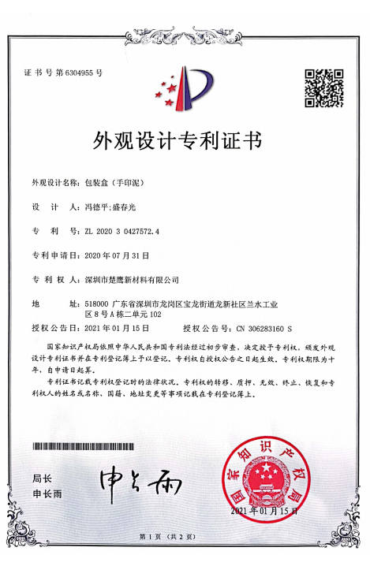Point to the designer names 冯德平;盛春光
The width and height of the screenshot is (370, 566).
point(108,207)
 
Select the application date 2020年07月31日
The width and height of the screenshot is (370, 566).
point(116,256)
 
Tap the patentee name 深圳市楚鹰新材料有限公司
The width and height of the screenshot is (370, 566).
point(131,280)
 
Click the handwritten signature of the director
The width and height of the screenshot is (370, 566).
point(139,479)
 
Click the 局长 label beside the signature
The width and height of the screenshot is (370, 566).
point(42,478)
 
